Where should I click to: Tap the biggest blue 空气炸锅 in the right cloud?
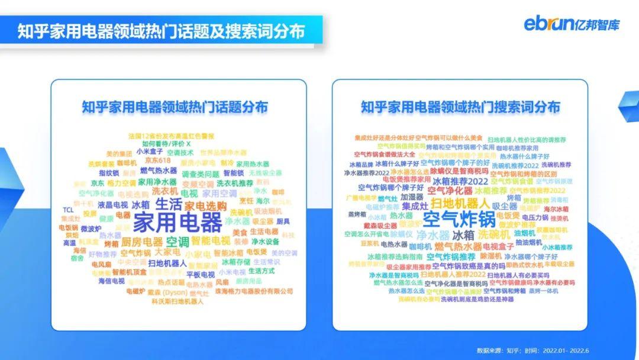(x=459, y=218)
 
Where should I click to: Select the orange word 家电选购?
(x=205, y=205)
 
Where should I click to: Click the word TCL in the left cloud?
(x=69, y=210)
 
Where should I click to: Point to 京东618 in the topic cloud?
(x=157, y=160)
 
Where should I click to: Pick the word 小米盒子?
(x=150, y=152)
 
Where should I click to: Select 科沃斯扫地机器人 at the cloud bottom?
(x=177, y=301)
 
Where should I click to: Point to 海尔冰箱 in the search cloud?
(x=556, y=209)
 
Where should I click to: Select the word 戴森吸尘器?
(x=380, y=226)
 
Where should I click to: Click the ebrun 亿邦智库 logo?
(x=572, y=24)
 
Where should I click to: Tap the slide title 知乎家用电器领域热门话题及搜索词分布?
(x=161, y=30)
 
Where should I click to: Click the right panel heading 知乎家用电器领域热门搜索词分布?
(x=460, y=107)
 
